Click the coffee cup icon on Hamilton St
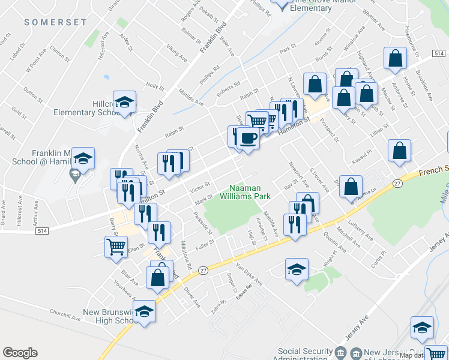[248, 139]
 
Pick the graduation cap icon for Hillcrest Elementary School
[124, 102]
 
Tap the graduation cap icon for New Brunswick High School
[144, 311]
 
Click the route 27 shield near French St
[397, 182]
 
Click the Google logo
[20, 353]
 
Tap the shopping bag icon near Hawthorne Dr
[396, 59]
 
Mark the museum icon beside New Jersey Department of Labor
[341, 352]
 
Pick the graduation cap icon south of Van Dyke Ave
[297, 269]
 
